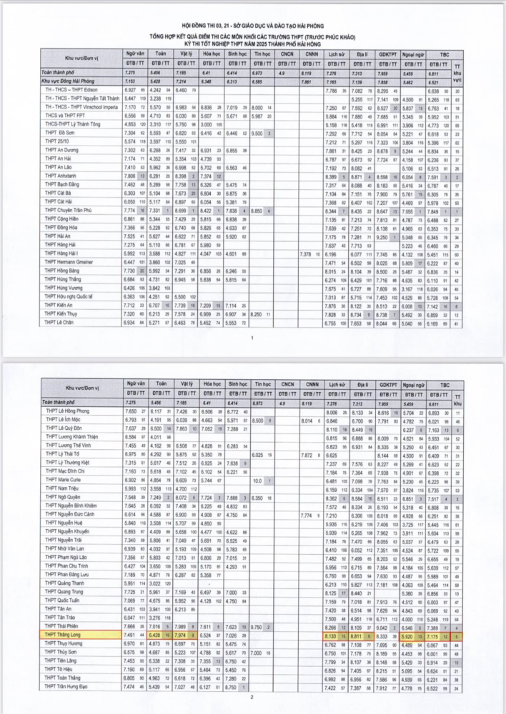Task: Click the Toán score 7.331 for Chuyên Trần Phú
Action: point(157,212)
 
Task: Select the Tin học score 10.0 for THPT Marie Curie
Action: point(259,481)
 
